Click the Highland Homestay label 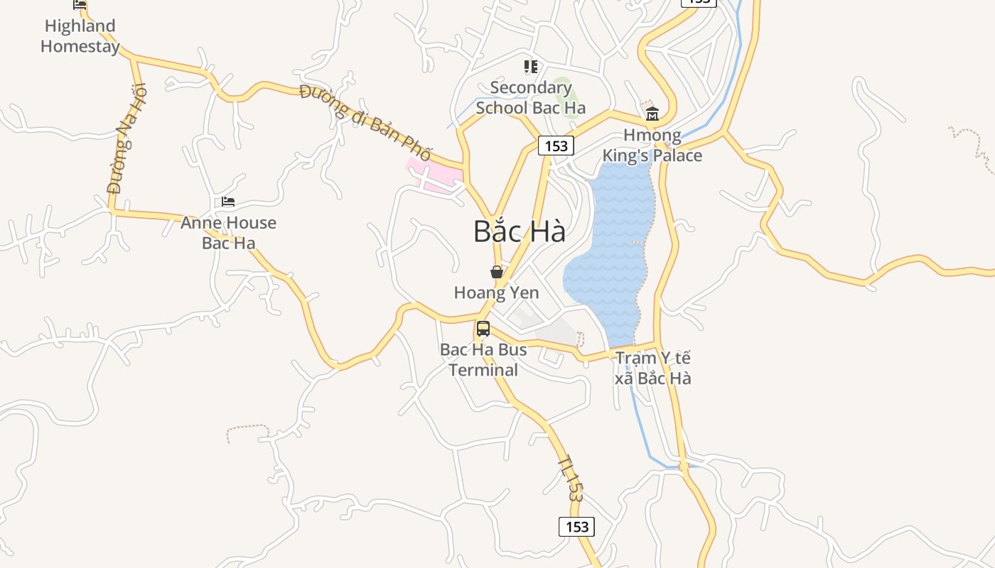tap(79, 36)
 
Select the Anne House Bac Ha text tap(228, 233)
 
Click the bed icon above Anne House tap(228, 202)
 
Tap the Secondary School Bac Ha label tap(531, 98)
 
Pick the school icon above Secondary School tap(531, 67)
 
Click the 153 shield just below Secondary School tap(556, 146)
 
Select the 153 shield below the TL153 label tap(576, 526)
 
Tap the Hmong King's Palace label tap(652, 146)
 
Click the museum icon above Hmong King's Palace tap(652, 114)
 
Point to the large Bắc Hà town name tap(520, 232)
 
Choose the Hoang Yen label tap(496, 293)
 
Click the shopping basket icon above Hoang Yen tap(497, 272)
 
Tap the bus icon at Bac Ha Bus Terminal tap(483, 329)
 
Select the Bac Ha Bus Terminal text tap(483, 360)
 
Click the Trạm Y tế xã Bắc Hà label tap(652, 368)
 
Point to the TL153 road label tap(571, 479)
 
